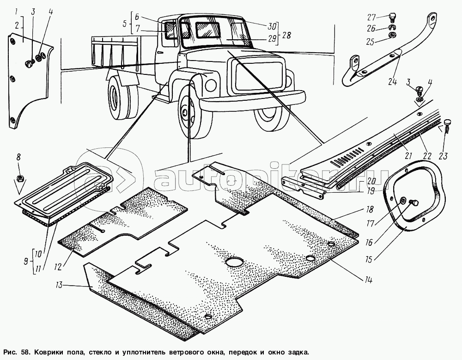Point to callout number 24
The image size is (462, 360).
[393, 83]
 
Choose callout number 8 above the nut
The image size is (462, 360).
[18, 157]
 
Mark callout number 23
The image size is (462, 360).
[443, 156]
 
